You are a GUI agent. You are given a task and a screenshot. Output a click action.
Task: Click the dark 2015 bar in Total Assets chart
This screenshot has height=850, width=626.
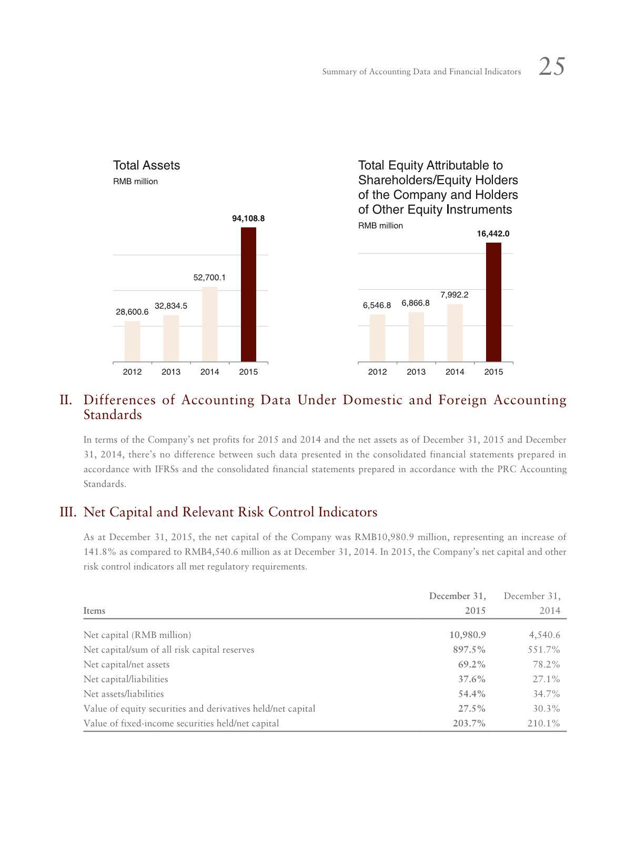pos(248,294)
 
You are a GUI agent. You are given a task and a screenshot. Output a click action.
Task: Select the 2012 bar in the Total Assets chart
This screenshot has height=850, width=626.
pos(132,341)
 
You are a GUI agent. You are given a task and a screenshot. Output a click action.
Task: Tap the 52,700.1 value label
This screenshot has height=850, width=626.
pos(209,277)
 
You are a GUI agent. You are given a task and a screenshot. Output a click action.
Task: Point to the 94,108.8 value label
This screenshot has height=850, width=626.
pos(248,218)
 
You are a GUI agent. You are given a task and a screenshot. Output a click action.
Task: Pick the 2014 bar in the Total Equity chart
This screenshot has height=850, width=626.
pos(455,333)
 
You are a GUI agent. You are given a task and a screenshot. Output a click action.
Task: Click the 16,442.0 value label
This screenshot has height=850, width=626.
pos(493,233)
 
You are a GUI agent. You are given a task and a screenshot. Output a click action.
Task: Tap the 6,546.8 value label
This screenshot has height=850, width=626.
pos(377,305)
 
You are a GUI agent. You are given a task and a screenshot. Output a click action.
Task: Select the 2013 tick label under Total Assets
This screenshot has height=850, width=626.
pos(171,372)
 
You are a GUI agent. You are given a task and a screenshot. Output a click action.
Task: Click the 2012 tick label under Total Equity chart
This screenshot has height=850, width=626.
pos(377,372)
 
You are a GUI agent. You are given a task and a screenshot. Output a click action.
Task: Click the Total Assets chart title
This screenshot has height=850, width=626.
pos(146,165)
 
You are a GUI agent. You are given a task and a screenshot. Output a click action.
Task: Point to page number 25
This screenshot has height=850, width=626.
pos(552,67)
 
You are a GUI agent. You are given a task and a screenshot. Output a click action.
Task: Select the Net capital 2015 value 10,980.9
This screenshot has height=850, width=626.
pos(464,635)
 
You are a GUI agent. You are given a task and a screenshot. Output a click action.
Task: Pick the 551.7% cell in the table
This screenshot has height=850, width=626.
pos(543,649)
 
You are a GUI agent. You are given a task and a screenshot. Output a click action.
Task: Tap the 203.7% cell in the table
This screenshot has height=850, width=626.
pos(469,723)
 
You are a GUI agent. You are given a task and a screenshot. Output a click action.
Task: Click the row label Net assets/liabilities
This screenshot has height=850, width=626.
pos(124,694)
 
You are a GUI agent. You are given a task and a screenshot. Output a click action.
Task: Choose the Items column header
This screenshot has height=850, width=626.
pos(94,611)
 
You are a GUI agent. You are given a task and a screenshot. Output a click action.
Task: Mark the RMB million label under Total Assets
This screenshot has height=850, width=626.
pos(135,182)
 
